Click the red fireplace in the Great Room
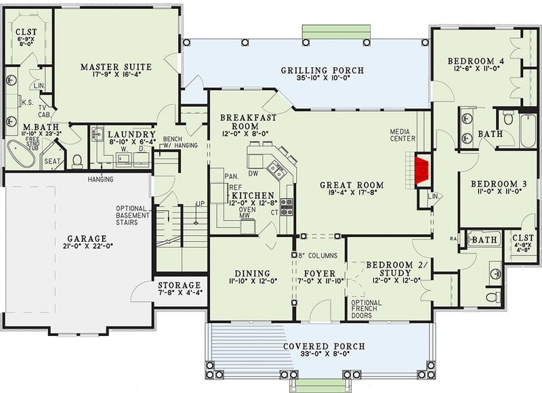click(421, 169)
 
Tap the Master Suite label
click(116, 66)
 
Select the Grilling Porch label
click(322, 70)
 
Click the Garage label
click(87, 239)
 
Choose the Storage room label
click(179, 285)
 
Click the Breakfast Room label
click(248, 122)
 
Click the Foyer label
click(320, 274)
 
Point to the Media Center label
click(403, 135)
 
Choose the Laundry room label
click(132, 135)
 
